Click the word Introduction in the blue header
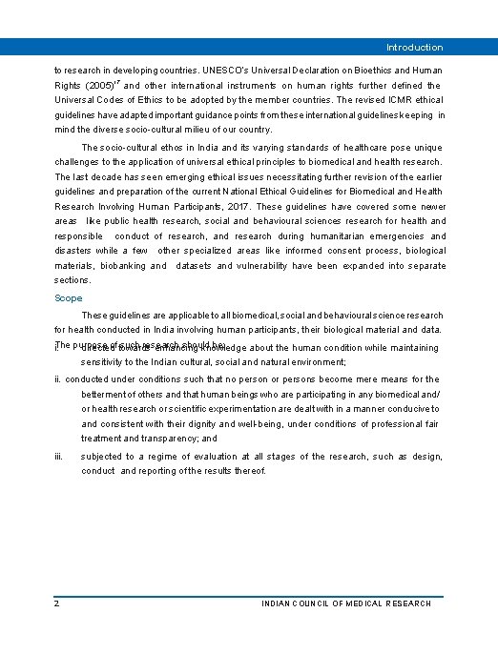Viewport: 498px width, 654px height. coord(414,47)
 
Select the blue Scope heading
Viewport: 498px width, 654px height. coord(69,298)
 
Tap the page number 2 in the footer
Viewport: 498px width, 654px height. coord(57,603)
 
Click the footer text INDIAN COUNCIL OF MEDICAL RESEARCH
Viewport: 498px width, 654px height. coord(346,603)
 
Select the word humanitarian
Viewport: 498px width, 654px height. coord(334,236)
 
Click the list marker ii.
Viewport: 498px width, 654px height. coord(58,378)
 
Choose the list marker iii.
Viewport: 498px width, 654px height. coord(59,457)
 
